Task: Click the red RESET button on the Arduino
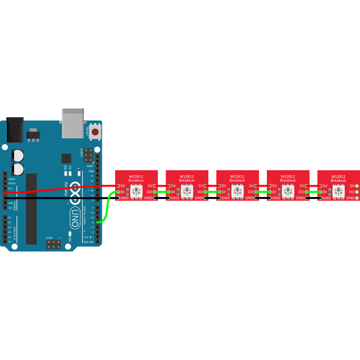tap(94, 132)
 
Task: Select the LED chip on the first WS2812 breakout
tap(136, 192)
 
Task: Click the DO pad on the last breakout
tap(357, 192)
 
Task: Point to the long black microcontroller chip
tap(31, 208)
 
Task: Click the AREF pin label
tap(91, 167)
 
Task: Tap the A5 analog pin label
tap(10, 242)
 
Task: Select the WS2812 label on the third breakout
tap(238, 176)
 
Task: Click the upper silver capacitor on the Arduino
tap(18, 155)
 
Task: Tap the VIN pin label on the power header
tap(11, 208)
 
